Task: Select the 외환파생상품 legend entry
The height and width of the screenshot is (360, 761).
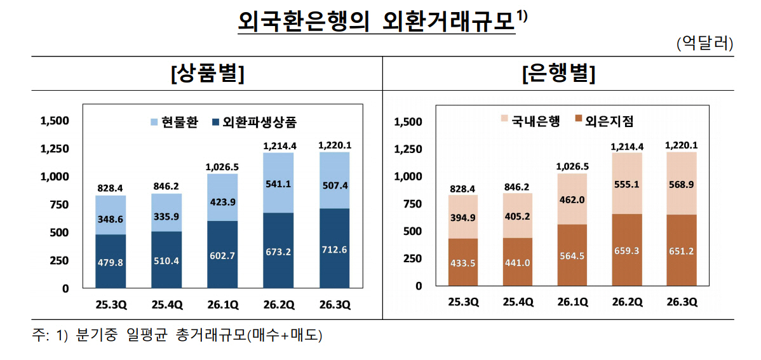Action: coord(254,122)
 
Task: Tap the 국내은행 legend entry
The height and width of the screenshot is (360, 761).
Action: coord(530,121)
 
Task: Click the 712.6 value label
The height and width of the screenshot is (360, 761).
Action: coord(334,250)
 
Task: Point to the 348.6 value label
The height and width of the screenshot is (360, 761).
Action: coord(111,220)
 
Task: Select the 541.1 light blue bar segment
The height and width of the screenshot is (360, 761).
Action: coord(279,182)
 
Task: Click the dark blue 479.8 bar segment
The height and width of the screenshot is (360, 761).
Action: coord(111,262)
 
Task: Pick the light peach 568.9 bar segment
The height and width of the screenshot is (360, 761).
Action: coord(682,183)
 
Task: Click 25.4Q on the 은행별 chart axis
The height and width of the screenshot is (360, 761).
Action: coord(518,302)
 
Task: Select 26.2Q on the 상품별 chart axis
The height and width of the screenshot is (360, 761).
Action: coord(279,305)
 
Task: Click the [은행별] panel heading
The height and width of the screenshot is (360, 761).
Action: coord(558,74)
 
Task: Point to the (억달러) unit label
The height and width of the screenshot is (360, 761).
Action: coord(705,44)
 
